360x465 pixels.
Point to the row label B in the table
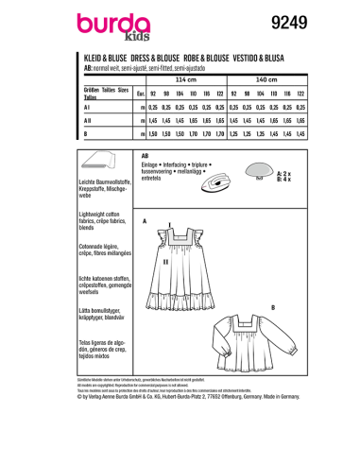(90, 136)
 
